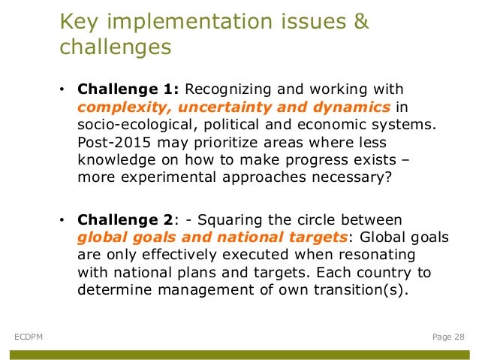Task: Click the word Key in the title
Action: coord(77,22)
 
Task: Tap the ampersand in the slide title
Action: coord(360,22)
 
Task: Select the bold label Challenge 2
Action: coord(124,219)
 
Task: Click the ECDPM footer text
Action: coord(29,337)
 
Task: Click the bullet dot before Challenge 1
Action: coord(62,90)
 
